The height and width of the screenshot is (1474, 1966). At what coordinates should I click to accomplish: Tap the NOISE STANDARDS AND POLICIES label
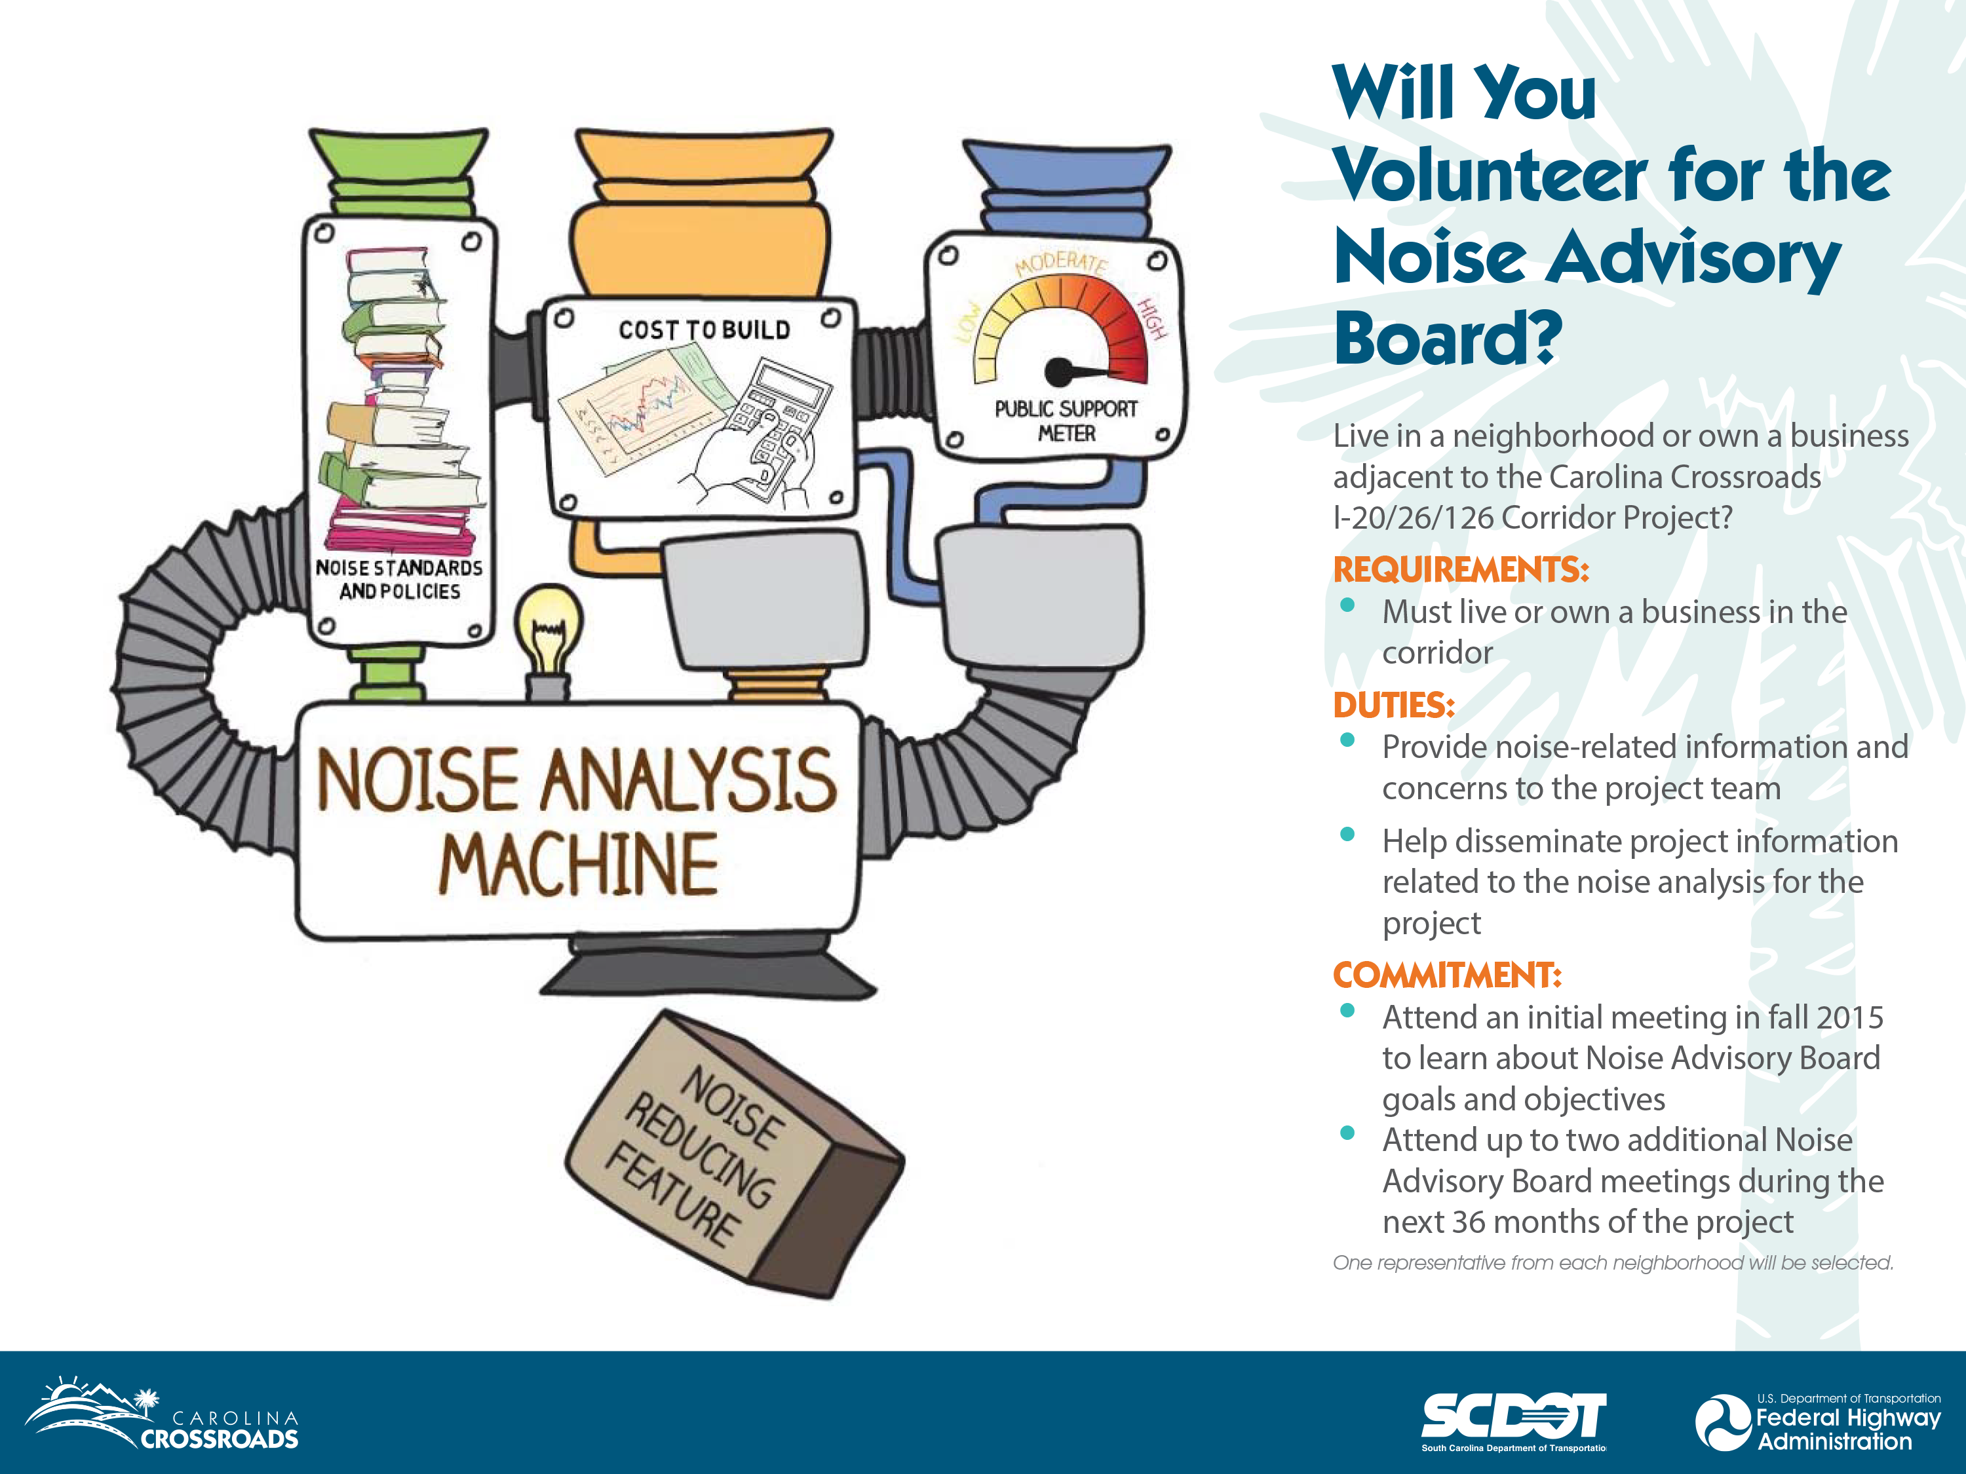[399, 579]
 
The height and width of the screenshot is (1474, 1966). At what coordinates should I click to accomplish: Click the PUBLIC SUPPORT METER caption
[1066, 421]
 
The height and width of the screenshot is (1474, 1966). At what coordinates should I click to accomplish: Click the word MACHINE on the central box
[579, 865]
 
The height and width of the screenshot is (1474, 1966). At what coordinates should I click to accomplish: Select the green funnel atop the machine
[398, 169]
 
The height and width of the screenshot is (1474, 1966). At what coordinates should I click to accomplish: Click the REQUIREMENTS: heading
[1460, 569]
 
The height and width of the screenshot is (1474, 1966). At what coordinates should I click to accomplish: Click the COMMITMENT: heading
[1447, 975]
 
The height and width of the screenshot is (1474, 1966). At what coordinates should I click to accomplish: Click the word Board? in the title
[1447, 339]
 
